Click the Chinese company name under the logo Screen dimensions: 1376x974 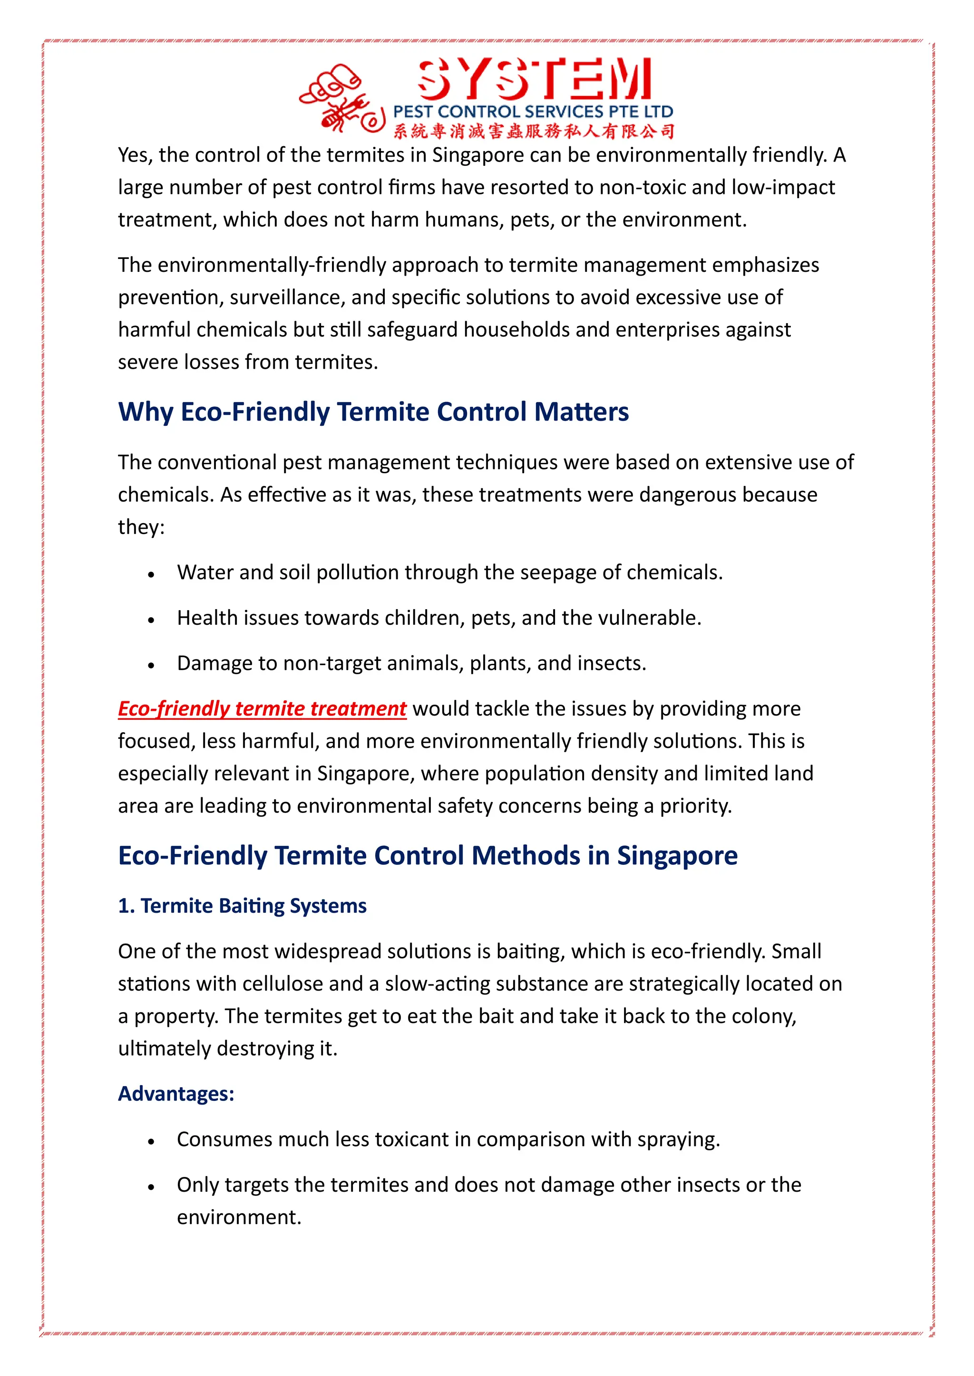[x=534, y=131]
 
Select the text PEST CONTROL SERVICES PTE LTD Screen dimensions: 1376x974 [x=533, y=112]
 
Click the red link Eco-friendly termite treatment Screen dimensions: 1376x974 [x=262, y=708]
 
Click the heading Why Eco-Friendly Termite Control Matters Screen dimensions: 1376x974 [x=373, y=412]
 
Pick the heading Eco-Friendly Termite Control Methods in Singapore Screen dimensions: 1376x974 [x=427, y=856]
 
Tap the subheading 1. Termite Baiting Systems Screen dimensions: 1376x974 [x=242, y=906]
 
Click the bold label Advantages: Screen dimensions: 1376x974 [x=175, y=1094]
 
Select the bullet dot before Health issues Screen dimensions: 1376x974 [x=151, y=620]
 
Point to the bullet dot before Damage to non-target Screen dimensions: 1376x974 [x=151, y=665]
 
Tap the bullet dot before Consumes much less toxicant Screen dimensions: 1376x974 [x=151, y=1142]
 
